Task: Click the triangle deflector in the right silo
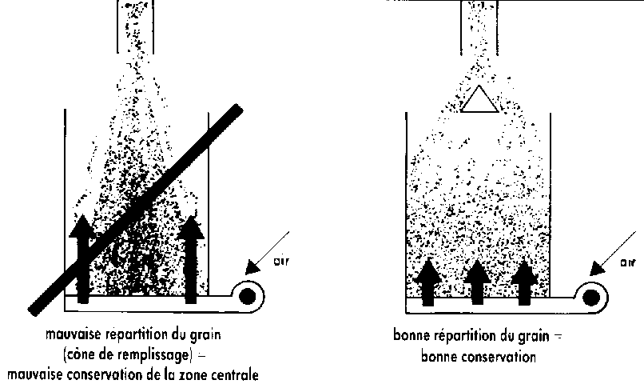pos(478,99)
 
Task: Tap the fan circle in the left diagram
pos(248,295)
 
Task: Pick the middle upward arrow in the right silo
pos(477,279)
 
